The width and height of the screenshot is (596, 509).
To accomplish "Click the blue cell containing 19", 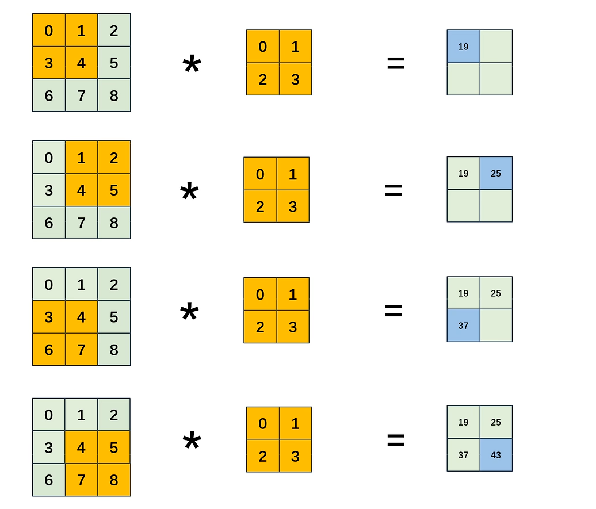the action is (x=463, y=47).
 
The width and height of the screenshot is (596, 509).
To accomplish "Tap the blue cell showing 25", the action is (x=496, y=173).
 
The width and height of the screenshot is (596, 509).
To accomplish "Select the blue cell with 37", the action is (x=463, y=326).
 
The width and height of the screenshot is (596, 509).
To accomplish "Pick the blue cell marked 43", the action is (x=496, y=455).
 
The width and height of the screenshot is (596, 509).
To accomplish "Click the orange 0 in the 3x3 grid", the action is (x=48, y=30).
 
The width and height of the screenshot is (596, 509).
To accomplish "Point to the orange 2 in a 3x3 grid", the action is (x=114, y=158).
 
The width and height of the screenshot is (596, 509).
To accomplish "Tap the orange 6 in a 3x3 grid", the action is (x=48, y=349).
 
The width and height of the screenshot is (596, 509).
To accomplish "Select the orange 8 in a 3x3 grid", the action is (x=114, y=480).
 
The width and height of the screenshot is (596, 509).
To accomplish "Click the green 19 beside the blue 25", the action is (x=463, y=173).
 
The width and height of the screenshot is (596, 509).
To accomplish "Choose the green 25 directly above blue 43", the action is (x=496, y=422).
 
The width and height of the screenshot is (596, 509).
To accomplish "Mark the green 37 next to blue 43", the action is (x=463, y=455).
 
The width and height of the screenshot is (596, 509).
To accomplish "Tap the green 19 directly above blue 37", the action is (x=463, y=293).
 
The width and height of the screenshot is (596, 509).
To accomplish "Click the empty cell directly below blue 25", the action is (x=496, y=206).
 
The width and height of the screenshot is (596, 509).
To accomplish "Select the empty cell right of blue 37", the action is (x=496, y=326).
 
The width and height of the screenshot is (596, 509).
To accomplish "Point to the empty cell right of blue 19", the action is (x=496, y=47).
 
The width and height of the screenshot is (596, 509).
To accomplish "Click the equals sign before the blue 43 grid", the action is (x=396, y=441).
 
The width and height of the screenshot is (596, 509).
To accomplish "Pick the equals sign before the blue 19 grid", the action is (x=396, y=63).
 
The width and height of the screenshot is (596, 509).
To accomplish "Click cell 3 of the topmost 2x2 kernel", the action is (x=295, y=79).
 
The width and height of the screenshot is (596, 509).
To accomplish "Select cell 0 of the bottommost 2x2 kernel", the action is (x=263, y=424).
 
